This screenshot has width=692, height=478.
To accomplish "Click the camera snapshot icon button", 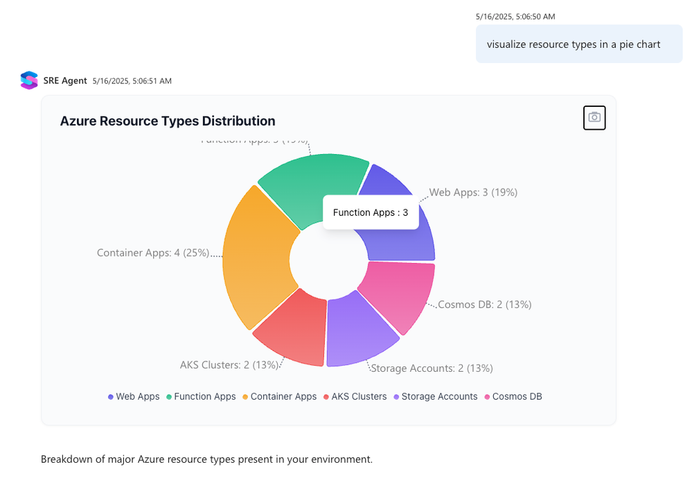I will [x=594, y=117].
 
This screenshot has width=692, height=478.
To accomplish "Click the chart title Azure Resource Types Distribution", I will [x=168, y=121].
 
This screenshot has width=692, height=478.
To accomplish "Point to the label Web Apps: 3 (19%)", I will [x=473, y=192].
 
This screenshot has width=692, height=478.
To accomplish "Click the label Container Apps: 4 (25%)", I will [x=153, y=253].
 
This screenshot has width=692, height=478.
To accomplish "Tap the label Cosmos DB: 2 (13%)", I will [x=485, y=304].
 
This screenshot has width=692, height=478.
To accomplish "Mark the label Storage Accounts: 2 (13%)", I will [x=432, y=368].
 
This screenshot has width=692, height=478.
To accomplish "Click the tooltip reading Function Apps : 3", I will [x=371, y=212].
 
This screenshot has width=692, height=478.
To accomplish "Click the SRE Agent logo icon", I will [x=28, y=80].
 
